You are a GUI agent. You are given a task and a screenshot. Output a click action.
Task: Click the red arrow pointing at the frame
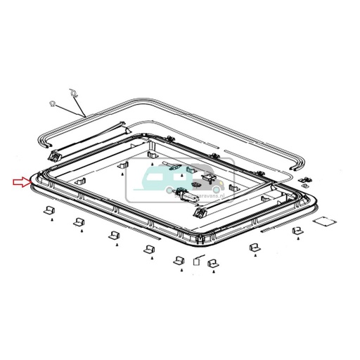21,184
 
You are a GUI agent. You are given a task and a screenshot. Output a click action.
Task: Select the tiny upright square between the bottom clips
197,259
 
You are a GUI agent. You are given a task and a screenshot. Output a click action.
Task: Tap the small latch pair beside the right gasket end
305,182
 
